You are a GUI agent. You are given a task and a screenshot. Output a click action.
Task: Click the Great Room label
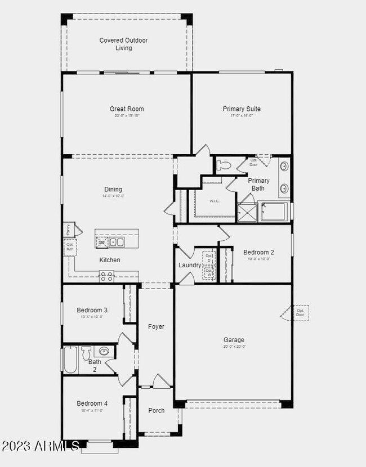click(x=127, y=109)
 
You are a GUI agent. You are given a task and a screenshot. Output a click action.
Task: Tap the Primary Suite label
click(x=242, y=109)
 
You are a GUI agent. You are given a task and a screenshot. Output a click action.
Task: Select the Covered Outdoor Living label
click(x=124, y=44)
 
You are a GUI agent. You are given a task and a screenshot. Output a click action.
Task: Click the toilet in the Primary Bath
click(x=224, y=165)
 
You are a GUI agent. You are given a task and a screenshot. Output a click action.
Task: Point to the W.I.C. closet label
click(x=214, y=201)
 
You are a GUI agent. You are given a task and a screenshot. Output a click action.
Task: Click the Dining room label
click(x=113, y=190)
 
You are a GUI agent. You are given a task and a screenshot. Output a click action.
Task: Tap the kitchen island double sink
click(x=117, y=242)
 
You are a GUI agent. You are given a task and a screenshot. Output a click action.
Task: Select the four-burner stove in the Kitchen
click(x=107, y=276)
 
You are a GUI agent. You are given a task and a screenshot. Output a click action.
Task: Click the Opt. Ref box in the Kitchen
click(x=70, y=246)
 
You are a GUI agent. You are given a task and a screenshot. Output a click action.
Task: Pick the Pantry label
click(x=68, y=230)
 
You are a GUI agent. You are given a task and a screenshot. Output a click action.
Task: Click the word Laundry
click(x=190, y=265)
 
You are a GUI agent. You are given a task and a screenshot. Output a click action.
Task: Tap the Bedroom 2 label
click(x=258, y=253)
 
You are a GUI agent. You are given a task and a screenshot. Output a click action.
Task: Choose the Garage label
click(x=234, y=340)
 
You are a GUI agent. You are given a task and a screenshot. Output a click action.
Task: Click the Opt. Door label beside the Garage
click(x=300, y=313)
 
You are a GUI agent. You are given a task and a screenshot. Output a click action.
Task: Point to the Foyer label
click(x=156, y=327)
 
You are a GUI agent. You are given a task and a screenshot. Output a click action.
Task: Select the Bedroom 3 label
click(x=92, y=310)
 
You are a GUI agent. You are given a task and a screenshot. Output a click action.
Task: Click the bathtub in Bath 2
click(x=71, y=360)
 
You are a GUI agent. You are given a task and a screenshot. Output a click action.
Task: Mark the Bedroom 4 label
click(x=92, y=403)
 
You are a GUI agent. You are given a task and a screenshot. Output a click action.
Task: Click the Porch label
click(x=157, y=410)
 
